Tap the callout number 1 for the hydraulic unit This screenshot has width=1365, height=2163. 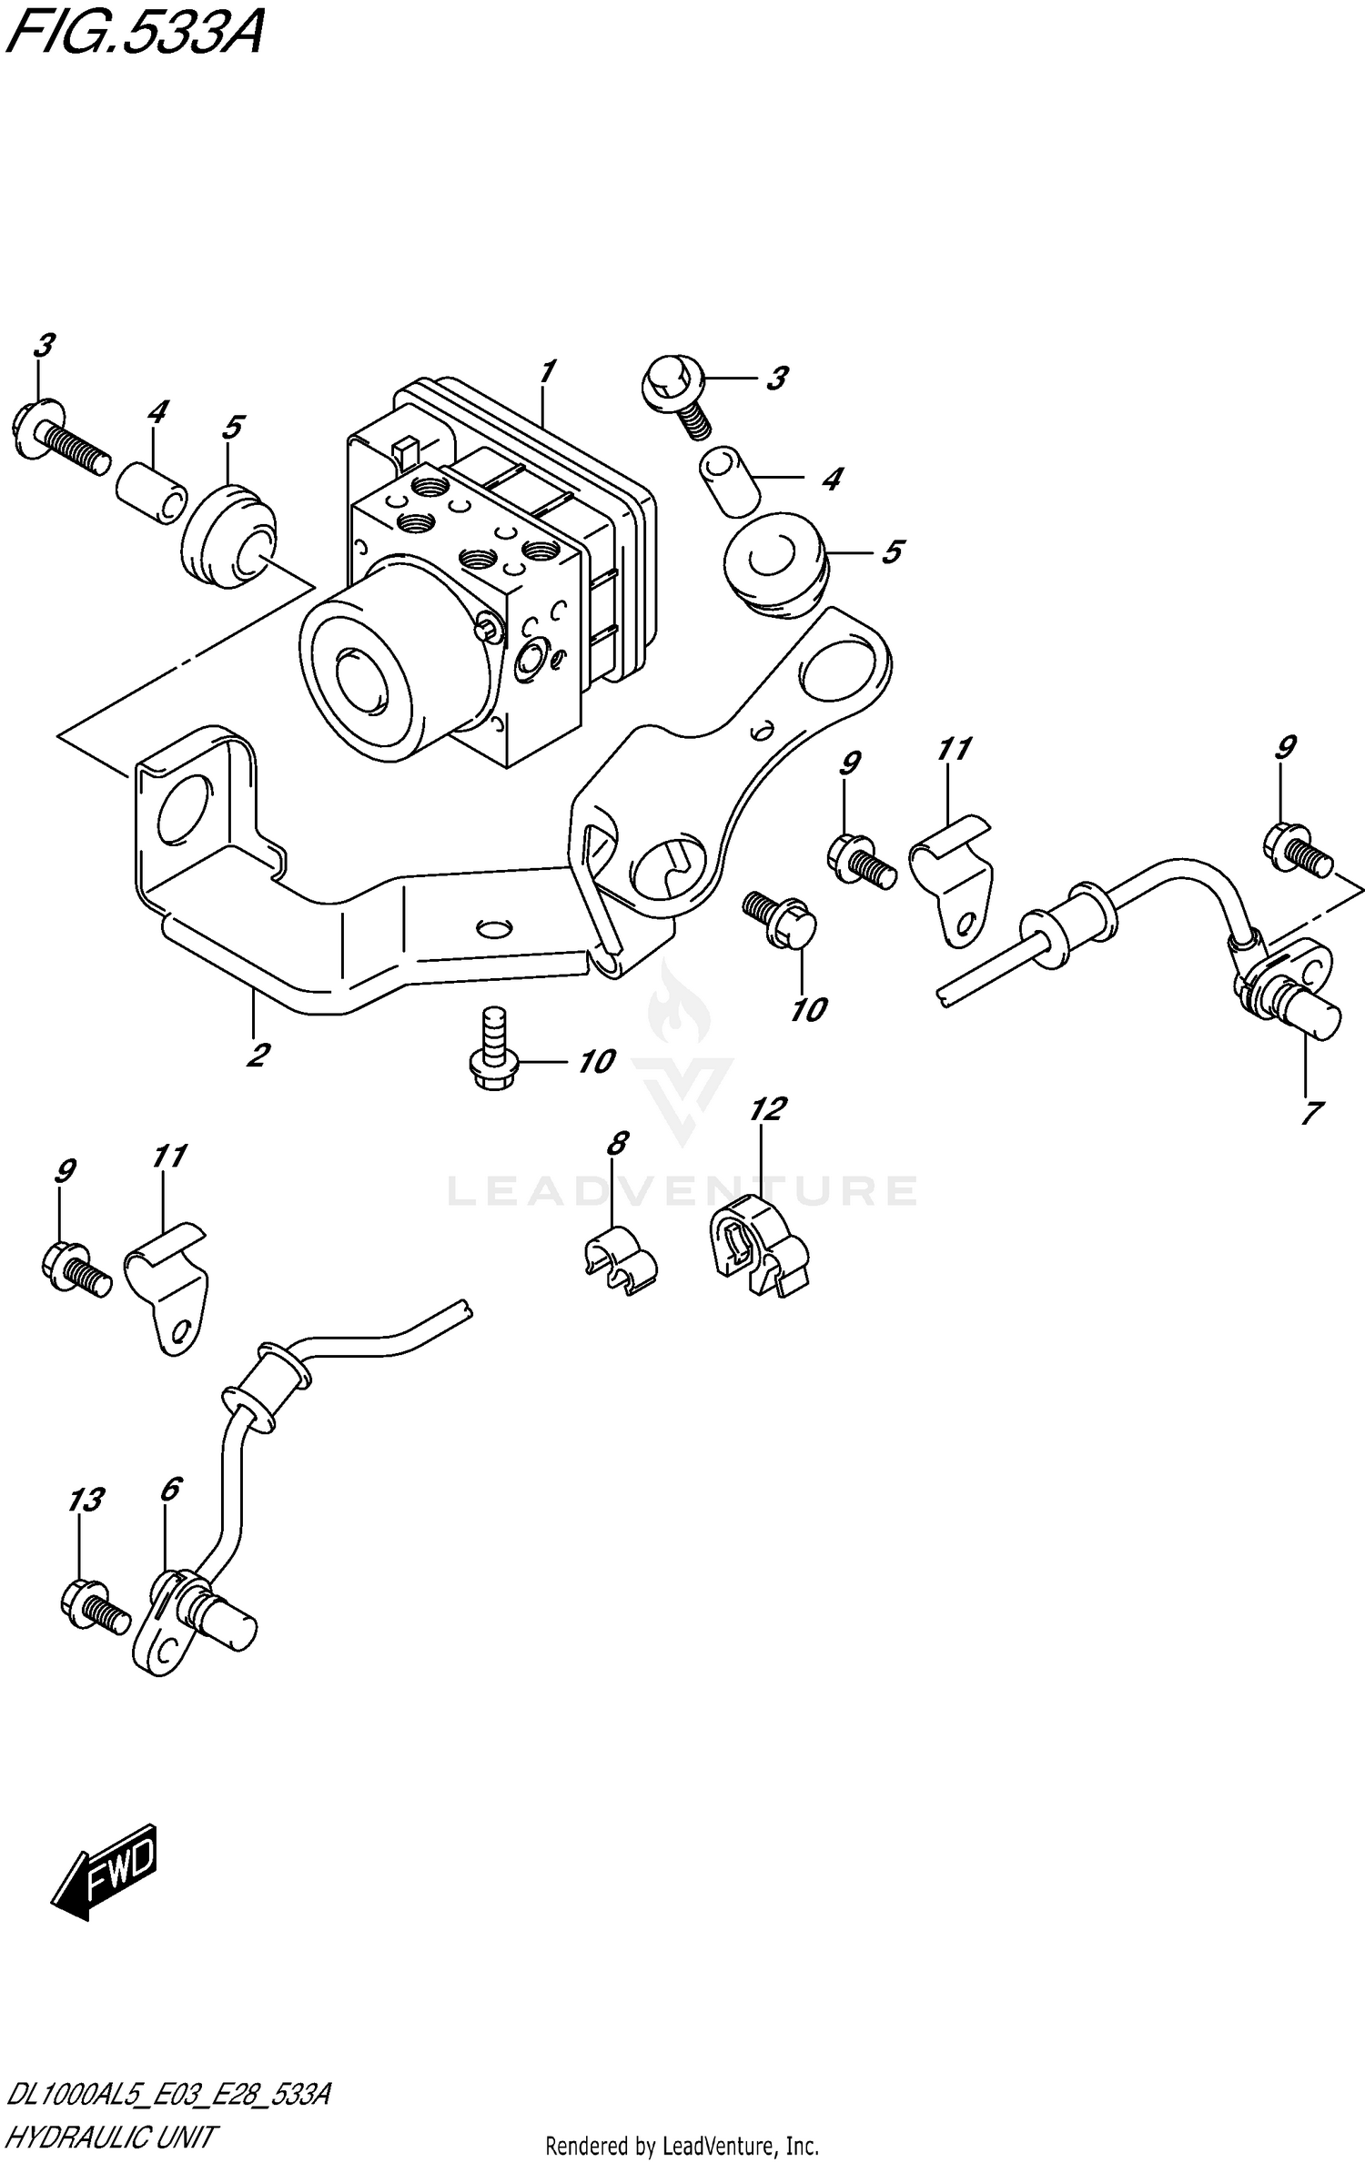pyautogui.click(x=547, y=371)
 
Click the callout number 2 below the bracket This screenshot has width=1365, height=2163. pyautogui.click(x=257, y=1056)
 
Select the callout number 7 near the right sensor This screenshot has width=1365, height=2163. pyautogui.click(x=1311, y=1112)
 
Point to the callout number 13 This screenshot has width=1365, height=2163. pyautogui.click(x=86, y=1501)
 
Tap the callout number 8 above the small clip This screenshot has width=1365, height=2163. pyautogui.click(x=617, y=1144)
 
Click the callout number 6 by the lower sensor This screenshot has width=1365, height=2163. pyautogui.click(x=169, y=1490)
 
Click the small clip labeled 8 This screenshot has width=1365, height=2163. pyautogui.click(x=620, y=1261)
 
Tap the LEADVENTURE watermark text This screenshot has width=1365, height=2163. pyautogui.click(x=682, y=1191)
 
